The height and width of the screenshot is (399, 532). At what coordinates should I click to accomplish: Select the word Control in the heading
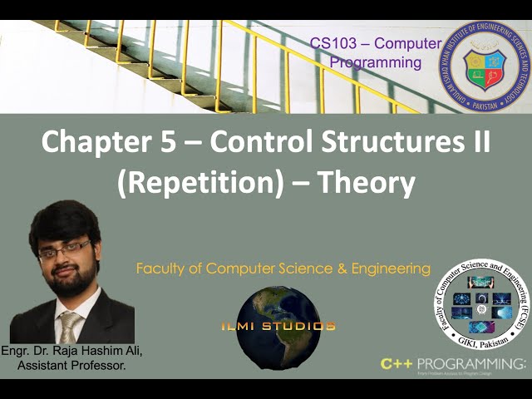(260, 144)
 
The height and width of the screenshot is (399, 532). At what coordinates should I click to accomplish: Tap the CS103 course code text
(331, 42)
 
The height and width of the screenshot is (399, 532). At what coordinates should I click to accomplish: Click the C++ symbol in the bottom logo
(397, 363)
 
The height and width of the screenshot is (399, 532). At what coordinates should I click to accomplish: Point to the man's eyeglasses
(64, 248)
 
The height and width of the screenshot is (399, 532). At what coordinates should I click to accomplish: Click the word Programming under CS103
(376, 62)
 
